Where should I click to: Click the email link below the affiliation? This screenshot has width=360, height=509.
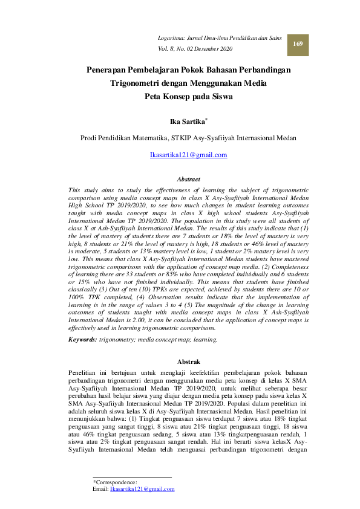pos(188,155)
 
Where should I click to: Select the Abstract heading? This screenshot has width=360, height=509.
pos(188,179)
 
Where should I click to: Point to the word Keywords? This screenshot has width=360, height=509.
pos(82,340)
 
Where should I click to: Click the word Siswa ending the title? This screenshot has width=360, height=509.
pos(221,96)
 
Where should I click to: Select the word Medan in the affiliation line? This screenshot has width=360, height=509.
pos(284,138)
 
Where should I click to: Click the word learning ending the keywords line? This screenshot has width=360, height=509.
pos(205,340)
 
